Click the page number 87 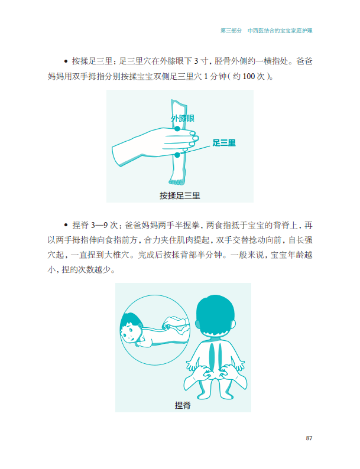coord(309,438)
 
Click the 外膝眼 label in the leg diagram coord(183,118)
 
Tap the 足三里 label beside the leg coord(224,143)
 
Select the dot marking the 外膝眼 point coord(177,129)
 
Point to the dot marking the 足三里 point coord(177,155)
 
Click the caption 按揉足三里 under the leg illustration coord(180,196)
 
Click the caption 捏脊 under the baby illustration coord(183,405)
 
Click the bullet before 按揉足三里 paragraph coord(66,61)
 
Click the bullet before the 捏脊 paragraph coord(66,225)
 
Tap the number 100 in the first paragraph coord(248,77)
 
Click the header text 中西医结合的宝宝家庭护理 coord(280,31)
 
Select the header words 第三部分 coord(231,31)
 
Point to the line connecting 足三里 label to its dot coord(195,151)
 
